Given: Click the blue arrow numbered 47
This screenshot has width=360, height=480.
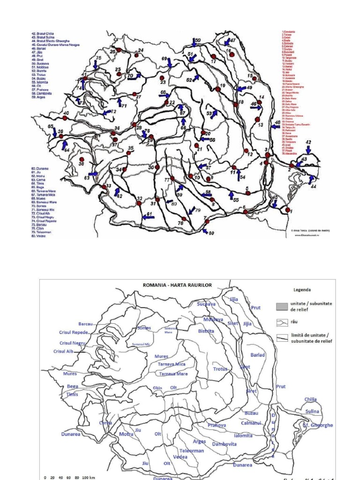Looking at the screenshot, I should pos(227,42).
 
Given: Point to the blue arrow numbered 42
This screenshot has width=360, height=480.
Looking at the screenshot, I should pos(308,150).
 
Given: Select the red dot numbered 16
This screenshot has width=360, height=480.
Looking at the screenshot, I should pos(232,54).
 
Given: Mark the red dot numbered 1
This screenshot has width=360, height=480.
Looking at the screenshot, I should pos(288,210).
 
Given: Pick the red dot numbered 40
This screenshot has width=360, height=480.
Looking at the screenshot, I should pos(65,119).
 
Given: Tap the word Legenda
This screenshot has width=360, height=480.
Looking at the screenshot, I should pos(303,290).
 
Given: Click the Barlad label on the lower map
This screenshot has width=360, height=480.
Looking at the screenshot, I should pos(258,355).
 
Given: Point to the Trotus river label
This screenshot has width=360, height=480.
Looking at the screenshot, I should pos(220,369).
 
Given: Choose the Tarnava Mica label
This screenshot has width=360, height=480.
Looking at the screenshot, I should pos(170,364).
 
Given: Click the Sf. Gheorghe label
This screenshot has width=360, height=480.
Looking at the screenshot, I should pos(318,425).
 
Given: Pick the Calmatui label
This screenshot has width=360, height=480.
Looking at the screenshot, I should pos(251,423).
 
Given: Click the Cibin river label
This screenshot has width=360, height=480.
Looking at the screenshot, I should pos(157,388).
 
